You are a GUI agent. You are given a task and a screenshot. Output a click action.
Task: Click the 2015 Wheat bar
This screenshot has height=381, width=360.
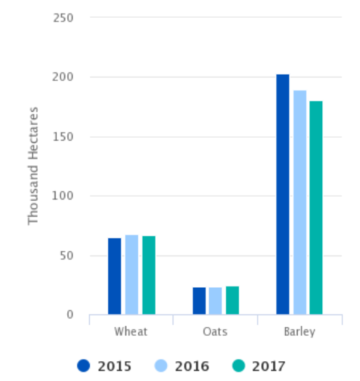pos(115,276)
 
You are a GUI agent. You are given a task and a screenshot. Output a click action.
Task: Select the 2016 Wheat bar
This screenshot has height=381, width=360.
pos(132,275)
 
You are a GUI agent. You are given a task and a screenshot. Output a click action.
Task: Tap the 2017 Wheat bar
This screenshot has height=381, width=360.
pos(149,275)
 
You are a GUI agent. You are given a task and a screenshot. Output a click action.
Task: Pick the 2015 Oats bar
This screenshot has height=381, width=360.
pos(199,301)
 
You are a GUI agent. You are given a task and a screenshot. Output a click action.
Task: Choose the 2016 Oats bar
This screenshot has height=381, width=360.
pos(215,301)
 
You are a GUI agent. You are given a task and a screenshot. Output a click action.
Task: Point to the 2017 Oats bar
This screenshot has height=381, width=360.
pos(232,301)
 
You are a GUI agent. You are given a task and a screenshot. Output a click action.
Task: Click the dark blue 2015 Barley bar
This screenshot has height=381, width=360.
pos(283,195)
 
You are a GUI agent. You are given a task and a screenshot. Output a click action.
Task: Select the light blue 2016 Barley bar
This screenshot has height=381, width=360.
pos(300,202)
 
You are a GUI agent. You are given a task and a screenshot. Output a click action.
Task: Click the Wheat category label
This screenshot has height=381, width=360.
pos(131,332)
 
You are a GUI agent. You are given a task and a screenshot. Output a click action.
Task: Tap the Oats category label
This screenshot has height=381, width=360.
pos(215,332)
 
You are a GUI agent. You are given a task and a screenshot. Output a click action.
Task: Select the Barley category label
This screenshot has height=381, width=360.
pos(300,332)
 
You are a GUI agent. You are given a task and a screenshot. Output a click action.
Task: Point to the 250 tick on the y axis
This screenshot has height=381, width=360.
pos(64,17)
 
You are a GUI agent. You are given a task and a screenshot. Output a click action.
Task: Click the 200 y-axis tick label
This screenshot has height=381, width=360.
pos(64,77)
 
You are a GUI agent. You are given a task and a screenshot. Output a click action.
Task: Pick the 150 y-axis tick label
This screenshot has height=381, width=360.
pos(64,136)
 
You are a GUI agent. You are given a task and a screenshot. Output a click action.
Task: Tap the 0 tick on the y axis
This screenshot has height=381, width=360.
pos(70,315)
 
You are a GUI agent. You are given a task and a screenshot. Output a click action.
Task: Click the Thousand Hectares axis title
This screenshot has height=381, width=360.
pos(33,166)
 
